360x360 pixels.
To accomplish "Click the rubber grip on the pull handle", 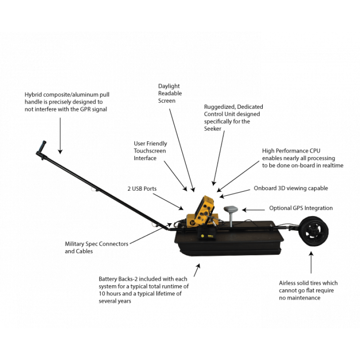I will click(41, 147).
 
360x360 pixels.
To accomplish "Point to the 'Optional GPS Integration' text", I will click(301, 208).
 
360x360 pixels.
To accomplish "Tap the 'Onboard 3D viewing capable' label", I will click(291, 188).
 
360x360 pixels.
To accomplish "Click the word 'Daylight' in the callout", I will click(169, 85).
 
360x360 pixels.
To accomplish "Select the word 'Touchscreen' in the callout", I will click(149, 151).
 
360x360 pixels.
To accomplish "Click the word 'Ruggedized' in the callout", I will click(219, 107).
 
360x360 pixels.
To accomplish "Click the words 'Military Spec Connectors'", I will click(96, 243).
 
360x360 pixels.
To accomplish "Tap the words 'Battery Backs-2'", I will click(118, 279).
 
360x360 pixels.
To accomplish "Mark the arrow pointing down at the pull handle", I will click(60, 135).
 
